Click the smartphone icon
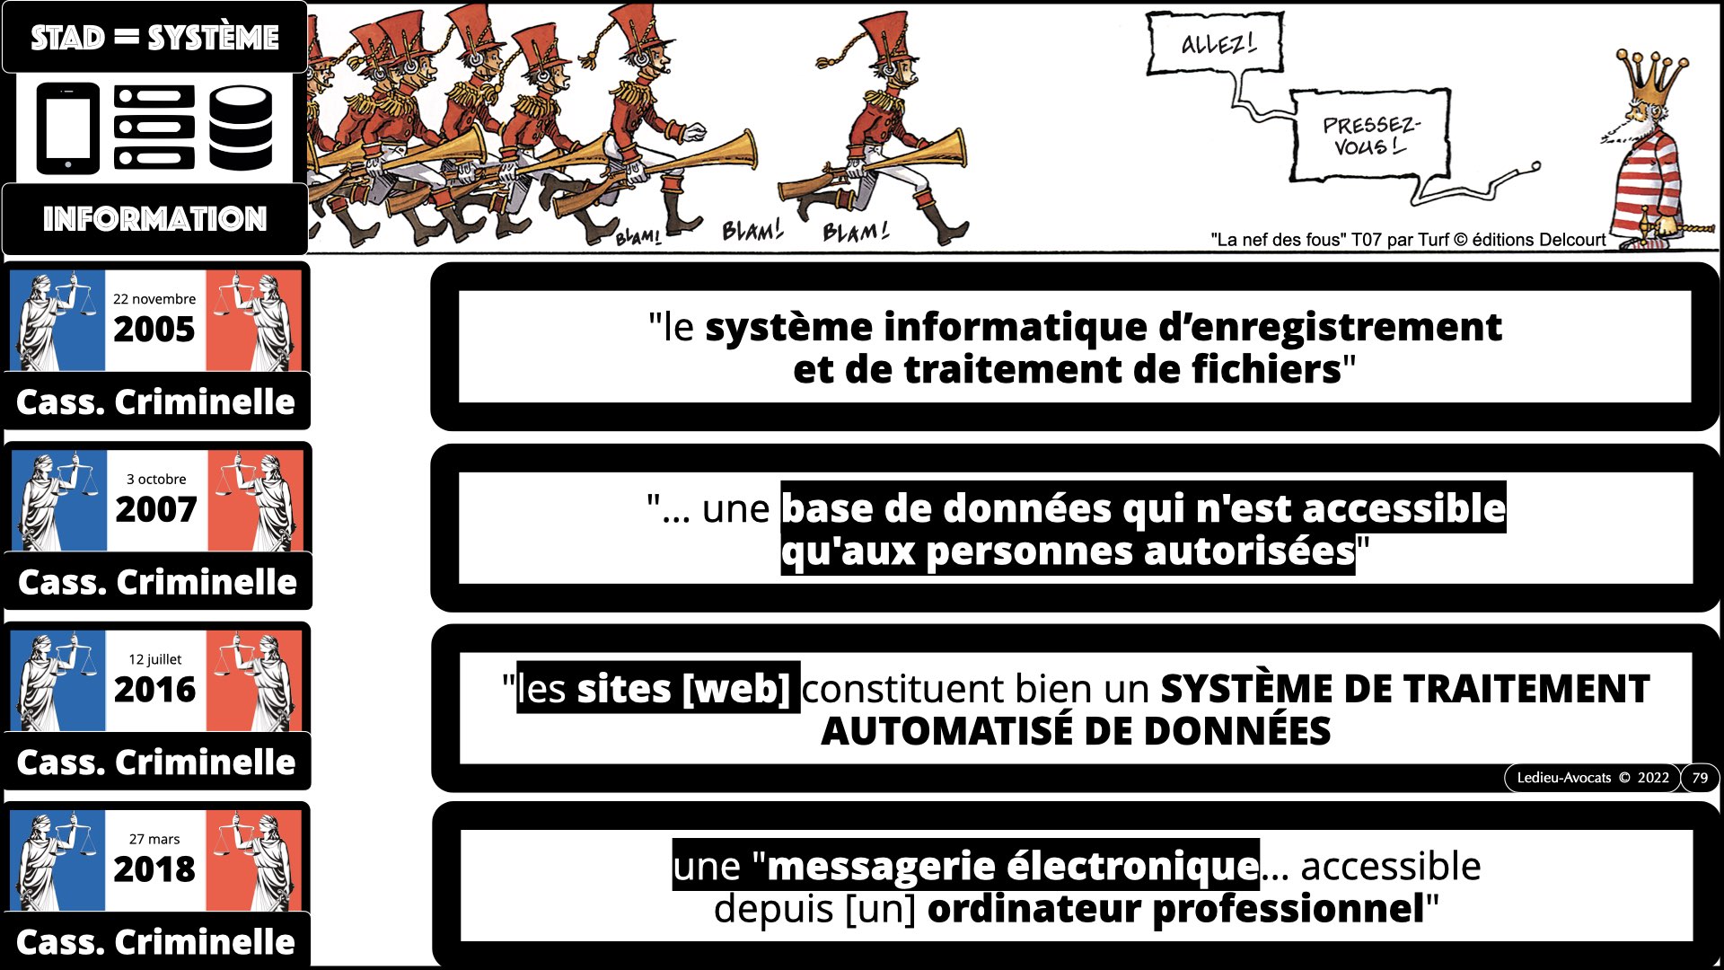click(x=68, y=128)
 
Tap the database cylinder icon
click(x=241, y=128)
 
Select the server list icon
click(x=154, y=128)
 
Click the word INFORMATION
click(x=155, y=218)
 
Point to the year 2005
click(x=154, y=330)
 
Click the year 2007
click(x=156, y=510)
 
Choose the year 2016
click(x=154, y=690)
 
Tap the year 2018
click(x=154, y=869)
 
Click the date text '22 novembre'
click(x=154, y=299)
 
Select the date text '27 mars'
click(x=154, y=839)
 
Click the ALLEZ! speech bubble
click(x=1216, y=42)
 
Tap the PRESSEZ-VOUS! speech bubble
click(x=1370, y=135)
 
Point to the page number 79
click(x=1700, y=778)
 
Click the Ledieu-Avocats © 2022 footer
click(x=1593, y=778)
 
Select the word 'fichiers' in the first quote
click(x=1267, y=369)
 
